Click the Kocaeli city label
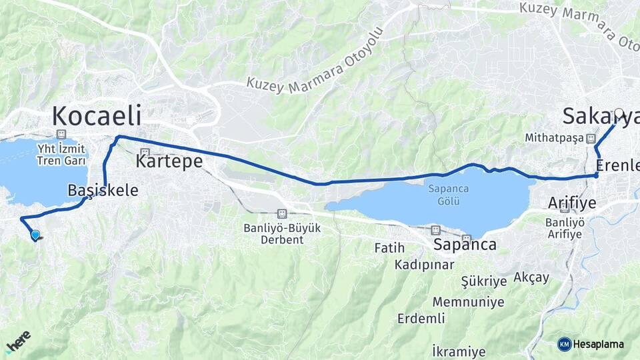point(97,116)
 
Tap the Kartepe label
point(169,161)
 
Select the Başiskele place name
point(103,191)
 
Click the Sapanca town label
point(465,245)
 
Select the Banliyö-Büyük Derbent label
point(282,233)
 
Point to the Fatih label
point(390,248)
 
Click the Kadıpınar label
point(419,265)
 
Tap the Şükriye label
point(484,281)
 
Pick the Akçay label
point(531,277)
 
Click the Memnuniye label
point(468,302)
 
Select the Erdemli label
point(421,319)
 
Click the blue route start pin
point(35,235)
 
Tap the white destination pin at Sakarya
point(619,114)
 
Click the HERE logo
point(17,341)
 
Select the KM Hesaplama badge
point(591,344)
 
